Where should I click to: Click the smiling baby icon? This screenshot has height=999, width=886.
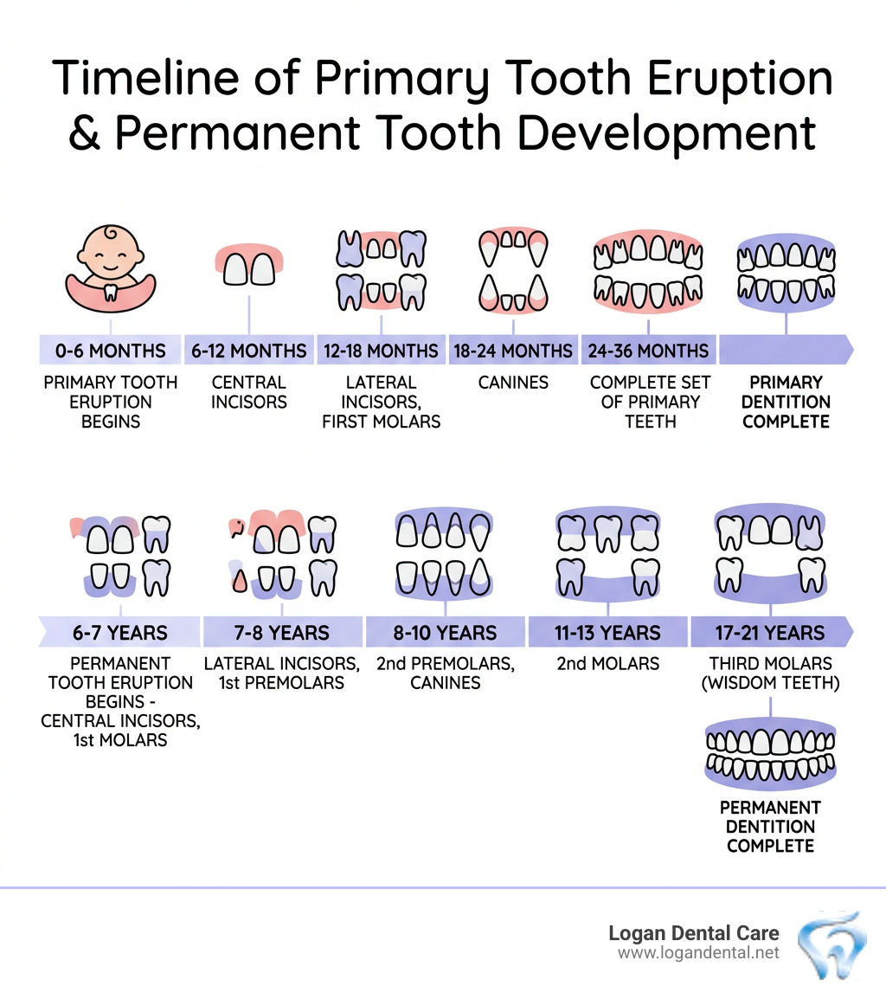(110, 265)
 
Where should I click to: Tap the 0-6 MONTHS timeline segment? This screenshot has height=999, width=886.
(110, 351)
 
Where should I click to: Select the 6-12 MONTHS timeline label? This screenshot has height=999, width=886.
(249, 351)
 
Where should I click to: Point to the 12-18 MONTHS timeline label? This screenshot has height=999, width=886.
(381, 351)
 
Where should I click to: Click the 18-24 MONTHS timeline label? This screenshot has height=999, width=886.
(513, 351)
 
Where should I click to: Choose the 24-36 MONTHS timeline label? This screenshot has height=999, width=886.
(649, 351)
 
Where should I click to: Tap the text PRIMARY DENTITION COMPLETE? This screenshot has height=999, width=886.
(786, 402)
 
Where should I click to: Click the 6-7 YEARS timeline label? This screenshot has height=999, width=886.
(120, 633)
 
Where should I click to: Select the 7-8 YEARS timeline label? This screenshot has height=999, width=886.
(282, 633)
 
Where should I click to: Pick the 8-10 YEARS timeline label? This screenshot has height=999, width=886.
(446, 633)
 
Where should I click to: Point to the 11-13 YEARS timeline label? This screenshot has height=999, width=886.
(607, 633)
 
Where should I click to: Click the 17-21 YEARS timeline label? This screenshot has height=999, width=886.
(770, 633)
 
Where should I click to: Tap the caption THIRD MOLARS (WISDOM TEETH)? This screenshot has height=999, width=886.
(770, 674)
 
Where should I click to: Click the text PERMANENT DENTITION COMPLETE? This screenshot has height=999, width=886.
(770, 826)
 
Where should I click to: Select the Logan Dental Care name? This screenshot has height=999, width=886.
(693, 933)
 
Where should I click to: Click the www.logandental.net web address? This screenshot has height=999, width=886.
(698, 953)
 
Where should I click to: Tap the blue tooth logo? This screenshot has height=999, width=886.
(831, 944)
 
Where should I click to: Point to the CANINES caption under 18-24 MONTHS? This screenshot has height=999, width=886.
(513, 382)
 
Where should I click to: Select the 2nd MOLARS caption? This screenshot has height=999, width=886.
(607, 664)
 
